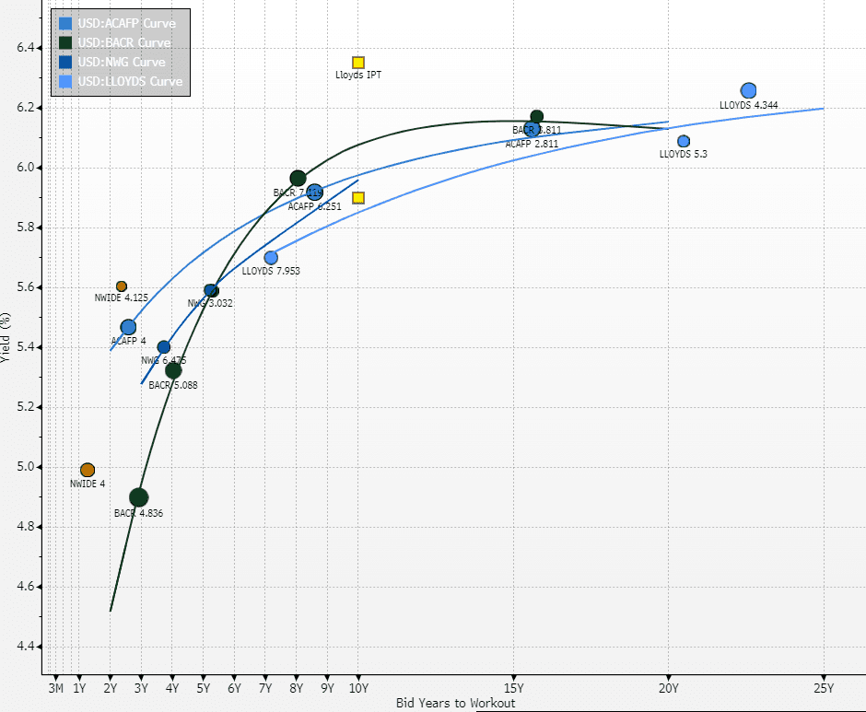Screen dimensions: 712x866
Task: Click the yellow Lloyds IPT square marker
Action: (x=358, y=63)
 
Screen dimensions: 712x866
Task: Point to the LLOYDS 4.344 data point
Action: (x=748, y=90)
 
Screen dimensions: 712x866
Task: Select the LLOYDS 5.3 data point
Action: (x=684, y=141)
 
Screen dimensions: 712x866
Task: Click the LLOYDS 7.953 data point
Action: (x=271, y=258)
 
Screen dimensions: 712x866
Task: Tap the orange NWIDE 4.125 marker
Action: (x=122, y=286)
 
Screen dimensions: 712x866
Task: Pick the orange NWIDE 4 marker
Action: (x=88, y=470)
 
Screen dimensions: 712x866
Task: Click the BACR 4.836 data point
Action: (x=139, y=497)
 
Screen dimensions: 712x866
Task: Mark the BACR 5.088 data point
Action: (x=173, y=370)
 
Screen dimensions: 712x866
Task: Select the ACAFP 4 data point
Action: (x=128, y=327)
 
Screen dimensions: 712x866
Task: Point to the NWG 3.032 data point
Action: (x=211, y=290)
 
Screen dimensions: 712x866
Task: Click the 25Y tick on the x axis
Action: (x=823, y=687)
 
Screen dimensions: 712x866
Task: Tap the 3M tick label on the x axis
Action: (x=55, y=687)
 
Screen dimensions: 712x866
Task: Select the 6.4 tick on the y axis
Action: (x=29, y=48)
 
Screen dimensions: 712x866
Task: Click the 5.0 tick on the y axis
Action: (x=29, y=467)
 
